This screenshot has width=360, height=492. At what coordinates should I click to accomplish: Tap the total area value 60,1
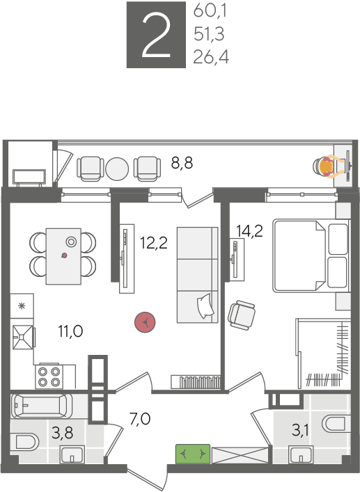[210, 11]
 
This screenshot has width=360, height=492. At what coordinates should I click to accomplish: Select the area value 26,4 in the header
[211, 57]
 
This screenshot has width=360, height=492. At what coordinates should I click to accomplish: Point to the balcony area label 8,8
[182, 163]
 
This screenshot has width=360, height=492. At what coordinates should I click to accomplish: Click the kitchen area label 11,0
[70, 331]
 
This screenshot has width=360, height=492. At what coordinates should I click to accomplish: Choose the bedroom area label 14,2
[249, 231]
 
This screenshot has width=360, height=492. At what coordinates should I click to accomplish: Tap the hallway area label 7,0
[140, 418]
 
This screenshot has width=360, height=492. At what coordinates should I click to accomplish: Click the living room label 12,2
[154, 243]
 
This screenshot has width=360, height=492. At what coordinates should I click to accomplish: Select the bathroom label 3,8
[63, 433]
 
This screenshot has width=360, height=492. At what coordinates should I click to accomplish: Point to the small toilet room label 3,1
[300, 431]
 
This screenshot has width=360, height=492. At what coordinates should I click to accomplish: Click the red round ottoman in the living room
[145, 322]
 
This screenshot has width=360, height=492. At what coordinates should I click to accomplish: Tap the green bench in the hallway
[193, 454]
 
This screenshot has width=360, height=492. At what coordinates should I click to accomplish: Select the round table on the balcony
[117, 169]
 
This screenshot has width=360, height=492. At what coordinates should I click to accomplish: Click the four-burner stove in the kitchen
[49, 376]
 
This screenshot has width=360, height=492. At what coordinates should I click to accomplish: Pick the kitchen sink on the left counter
[22, 337]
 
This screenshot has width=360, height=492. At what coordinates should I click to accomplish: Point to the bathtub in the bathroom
[42, 406]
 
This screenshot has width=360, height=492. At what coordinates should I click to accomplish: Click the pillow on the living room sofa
[205, 305]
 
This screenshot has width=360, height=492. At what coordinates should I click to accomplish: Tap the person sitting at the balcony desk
[329, 167]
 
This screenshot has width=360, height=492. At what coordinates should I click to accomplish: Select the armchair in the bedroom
[242, 315]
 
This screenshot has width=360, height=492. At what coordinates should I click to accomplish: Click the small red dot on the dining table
[64, 255]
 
